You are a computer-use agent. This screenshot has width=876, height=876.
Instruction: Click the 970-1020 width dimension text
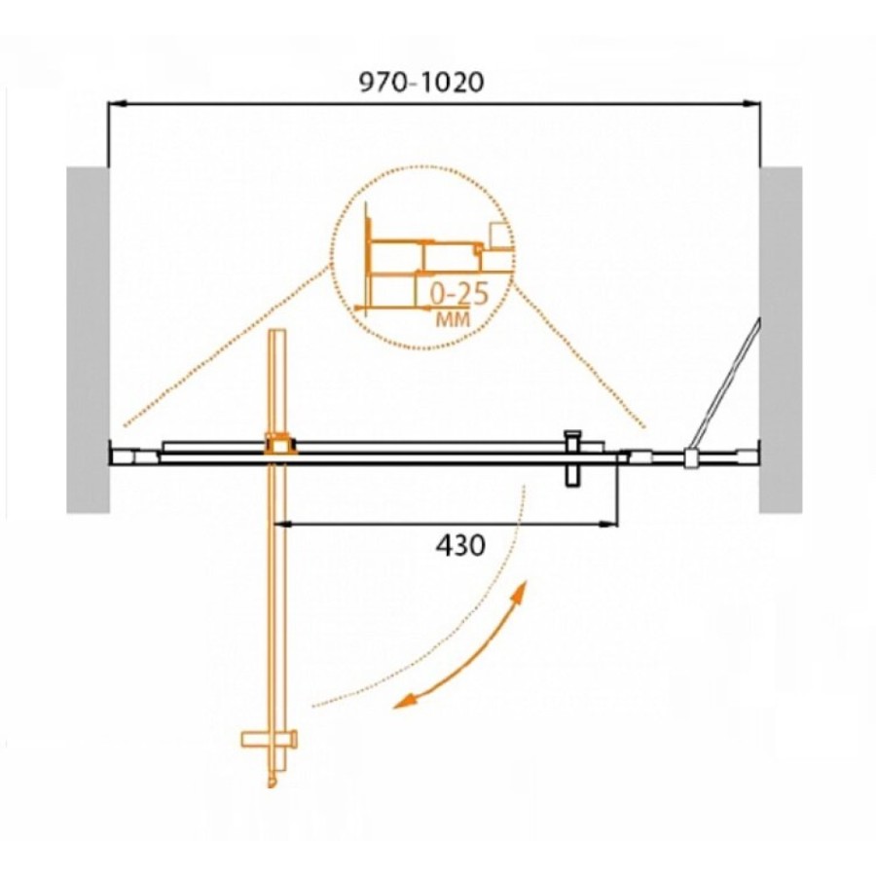pyautogui.click(x=420, y=83)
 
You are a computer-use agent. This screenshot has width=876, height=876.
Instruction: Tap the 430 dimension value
pyautogui.click(x=460, y=545)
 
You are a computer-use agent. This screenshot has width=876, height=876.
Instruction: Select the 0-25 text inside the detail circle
pyautogui.click(x=459, y=294)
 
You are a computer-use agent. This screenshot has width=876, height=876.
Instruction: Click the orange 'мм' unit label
pyautogui.click(x=453, y=319)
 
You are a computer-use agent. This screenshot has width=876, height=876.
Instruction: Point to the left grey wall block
pyautogui.click(x=88, y=340)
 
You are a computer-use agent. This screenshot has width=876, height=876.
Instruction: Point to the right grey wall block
pyautogui.click(x=781, y=340)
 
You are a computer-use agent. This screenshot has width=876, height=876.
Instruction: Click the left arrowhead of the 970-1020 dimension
pyautogui.click(x=116, y=103)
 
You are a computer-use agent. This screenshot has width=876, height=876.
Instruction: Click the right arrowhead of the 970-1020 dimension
pyautogui.click(x=752, y=103)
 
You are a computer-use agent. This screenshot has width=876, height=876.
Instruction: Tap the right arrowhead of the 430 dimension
pyautogui.click(x=609, y=524)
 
